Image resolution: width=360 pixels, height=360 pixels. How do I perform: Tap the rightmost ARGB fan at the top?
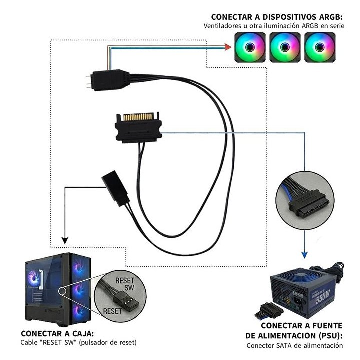[319, 48]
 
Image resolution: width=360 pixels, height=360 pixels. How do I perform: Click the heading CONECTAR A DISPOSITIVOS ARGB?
[277, 17]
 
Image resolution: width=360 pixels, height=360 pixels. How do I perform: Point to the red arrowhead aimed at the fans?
[227, 48]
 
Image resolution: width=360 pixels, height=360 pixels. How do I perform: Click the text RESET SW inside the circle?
[125, 284]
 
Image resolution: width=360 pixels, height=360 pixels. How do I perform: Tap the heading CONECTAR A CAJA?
[57, 333]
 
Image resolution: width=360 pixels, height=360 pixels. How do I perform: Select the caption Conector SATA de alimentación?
[295, 345]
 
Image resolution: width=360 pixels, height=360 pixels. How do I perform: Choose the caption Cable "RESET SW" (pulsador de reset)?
[78, 343]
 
